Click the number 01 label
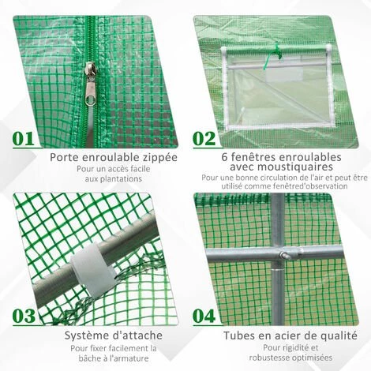point(24,139)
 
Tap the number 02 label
point(204,139)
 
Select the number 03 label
point(24,317)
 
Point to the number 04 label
point(204,317)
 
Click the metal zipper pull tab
point(90,84)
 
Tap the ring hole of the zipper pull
point(90,100)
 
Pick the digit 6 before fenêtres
point(225,157)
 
